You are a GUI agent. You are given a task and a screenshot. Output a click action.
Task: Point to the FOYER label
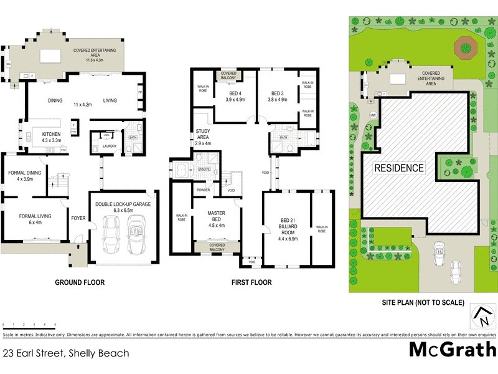78,218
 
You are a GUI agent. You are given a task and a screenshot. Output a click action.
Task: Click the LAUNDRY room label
100,148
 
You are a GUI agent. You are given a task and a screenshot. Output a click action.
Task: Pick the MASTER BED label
216,216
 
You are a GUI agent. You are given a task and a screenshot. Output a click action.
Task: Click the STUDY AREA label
204,135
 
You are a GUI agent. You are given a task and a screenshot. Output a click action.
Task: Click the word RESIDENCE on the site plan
399,168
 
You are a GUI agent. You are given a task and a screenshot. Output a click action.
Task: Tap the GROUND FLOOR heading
80,282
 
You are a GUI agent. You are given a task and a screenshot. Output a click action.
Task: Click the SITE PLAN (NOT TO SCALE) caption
423,302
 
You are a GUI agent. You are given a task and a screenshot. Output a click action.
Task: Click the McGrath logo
452,350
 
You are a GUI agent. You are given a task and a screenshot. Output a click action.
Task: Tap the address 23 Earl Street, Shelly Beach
66,353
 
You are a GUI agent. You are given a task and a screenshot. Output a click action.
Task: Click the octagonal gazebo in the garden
464,46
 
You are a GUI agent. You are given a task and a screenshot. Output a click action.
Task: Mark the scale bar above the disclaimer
29,325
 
